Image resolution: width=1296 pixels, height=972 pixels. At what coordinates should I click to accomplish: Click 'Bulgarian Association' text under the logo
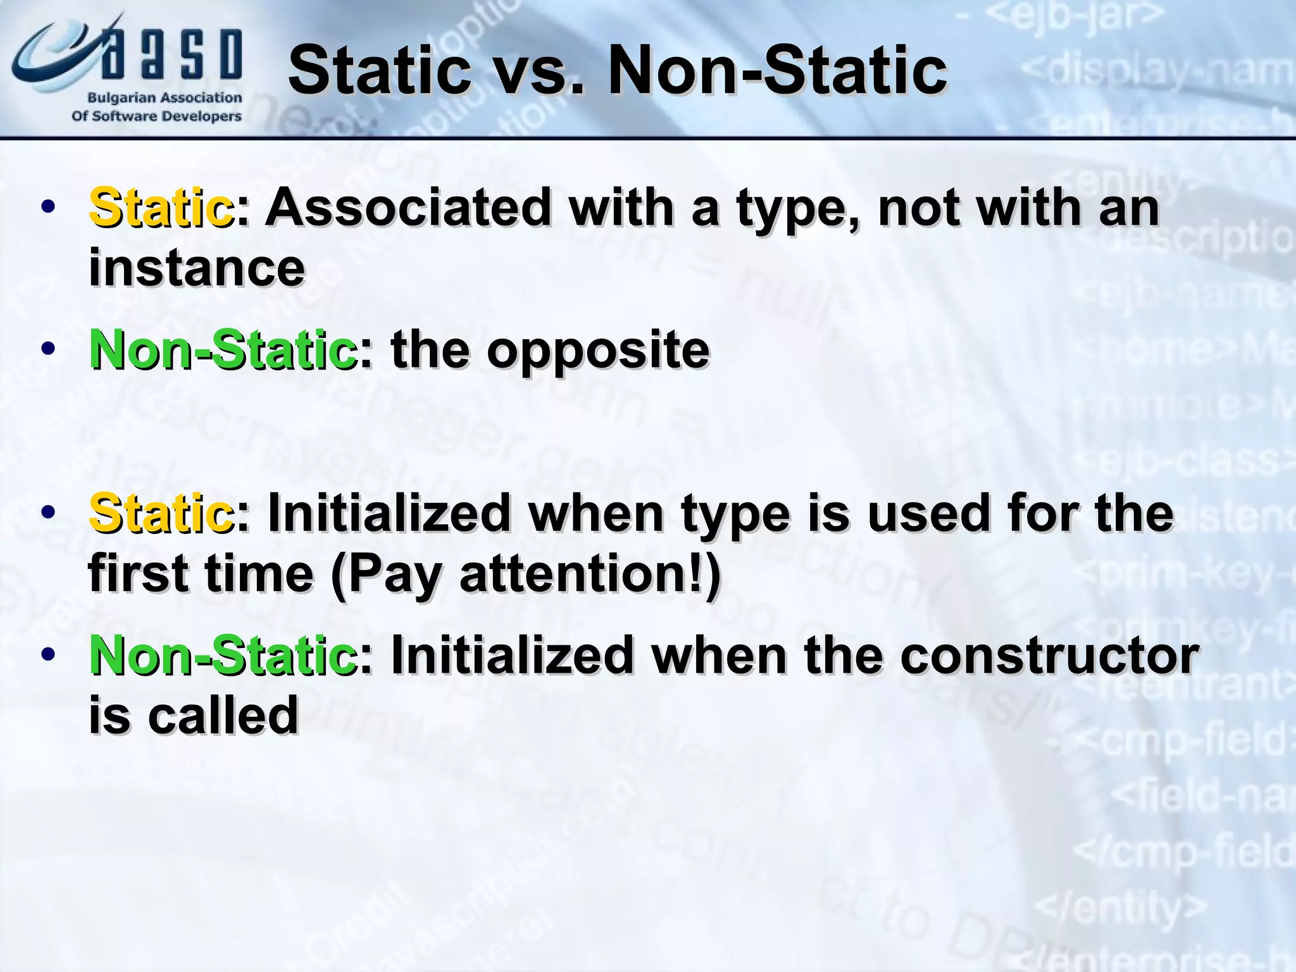(165, 98)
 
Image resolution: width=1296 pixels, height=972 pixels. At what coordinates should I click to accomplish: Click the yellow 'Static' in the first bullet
(161, 208)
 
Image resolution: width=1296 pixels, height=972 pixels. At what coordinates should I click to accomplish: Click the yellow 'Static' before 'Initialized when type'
(161, 513)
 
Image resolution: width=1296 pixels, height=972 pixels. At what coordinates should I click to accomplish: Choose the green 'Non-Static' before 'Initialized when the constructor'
(223, 656)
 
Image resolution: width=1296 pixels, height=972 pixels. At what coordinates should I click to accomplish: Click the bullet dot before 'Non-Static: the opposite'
(48, 349)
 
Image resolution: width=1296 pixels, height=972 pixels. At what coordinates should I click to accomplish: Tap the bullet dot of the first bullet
(48, 207)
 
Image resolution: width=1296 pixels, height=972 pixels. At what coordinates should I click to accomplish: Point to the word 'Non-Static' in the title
(777, 71)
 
